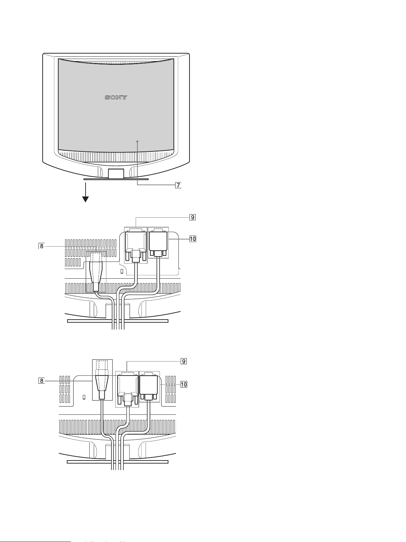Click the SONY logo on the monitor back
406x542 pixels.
pos(116,97)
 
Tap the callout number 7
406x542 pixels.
pos(178,185)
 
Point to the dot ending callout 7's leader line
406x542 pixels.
pos(137,142)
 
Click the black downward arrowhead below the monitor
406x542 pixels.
pos(86,199)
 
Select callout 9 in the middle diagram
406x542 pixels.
pos(192,217)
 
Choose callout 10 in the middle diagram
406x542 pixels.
pos(193,239)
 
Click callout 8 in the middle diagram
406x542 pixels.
pos(42,246)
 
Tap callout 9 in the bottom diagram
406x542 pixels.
pos(184,361)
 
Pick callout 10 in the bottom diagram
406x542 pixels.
pos(184,384)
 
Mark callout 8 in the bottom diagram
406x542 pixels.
pos(42,381)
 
